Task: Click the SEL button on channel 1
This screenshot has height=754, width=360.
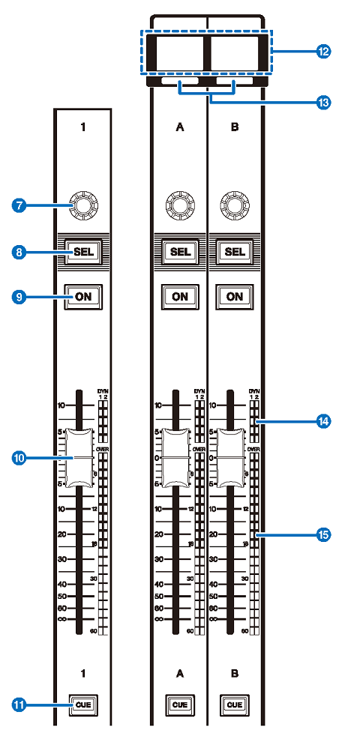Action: click(x=82, y=253)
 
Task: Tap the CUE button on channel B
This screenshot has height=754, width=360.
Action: click(x=235, y=705)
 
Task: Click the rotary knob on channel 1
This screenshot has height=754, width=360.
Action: click(x=82, y=204)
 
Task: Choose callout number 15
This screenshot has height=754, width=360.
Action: click(x=323, y=534)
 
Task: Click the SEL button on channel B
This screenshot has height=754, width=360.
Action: click(x=235, y=253)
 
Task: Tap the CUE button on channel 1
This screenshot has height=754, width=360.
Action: click(x=82, y=705)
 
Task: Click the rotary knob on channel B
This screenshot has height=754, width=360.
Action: click(x=235, y=204)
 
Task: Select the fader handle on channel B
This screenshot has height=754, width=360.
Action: click(x=235, y=457)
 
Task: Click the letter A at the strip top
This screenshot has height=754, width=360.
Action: click(x=179, y=128)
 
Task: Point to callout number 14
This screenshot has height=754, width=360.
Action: click(x=323, y=422)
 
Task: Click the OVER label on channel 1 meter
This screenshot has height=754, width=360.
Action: click(x=103, y=449)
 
